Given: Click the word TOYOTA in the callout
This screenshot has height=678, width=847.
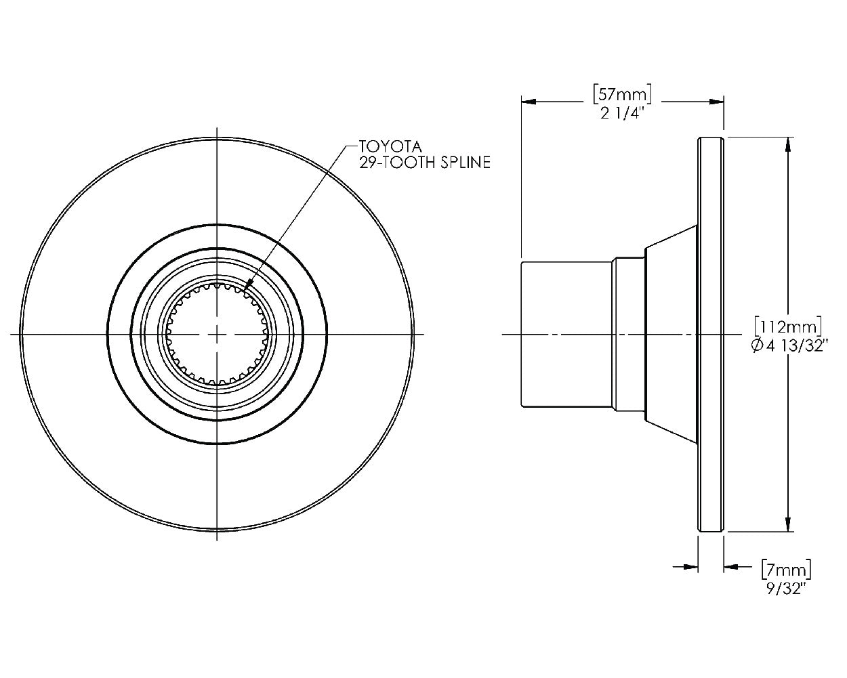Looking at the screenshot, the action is click(390, 147).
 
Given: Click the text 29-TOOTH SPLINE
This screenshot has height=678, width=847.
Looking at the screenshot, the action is click(425, 163).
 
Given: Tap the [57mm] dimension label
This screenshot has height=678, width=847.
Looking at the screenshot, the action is click(622, 94).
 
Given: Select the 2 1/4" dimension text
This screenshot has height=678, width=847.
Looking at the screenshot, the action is click(622, 114).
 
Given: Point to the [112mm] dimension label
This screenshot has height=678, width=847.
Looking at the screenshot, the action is click(788, 327).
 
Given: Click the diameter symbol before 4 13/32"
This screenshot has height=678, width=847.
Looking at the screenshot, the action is click(758, 346).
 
